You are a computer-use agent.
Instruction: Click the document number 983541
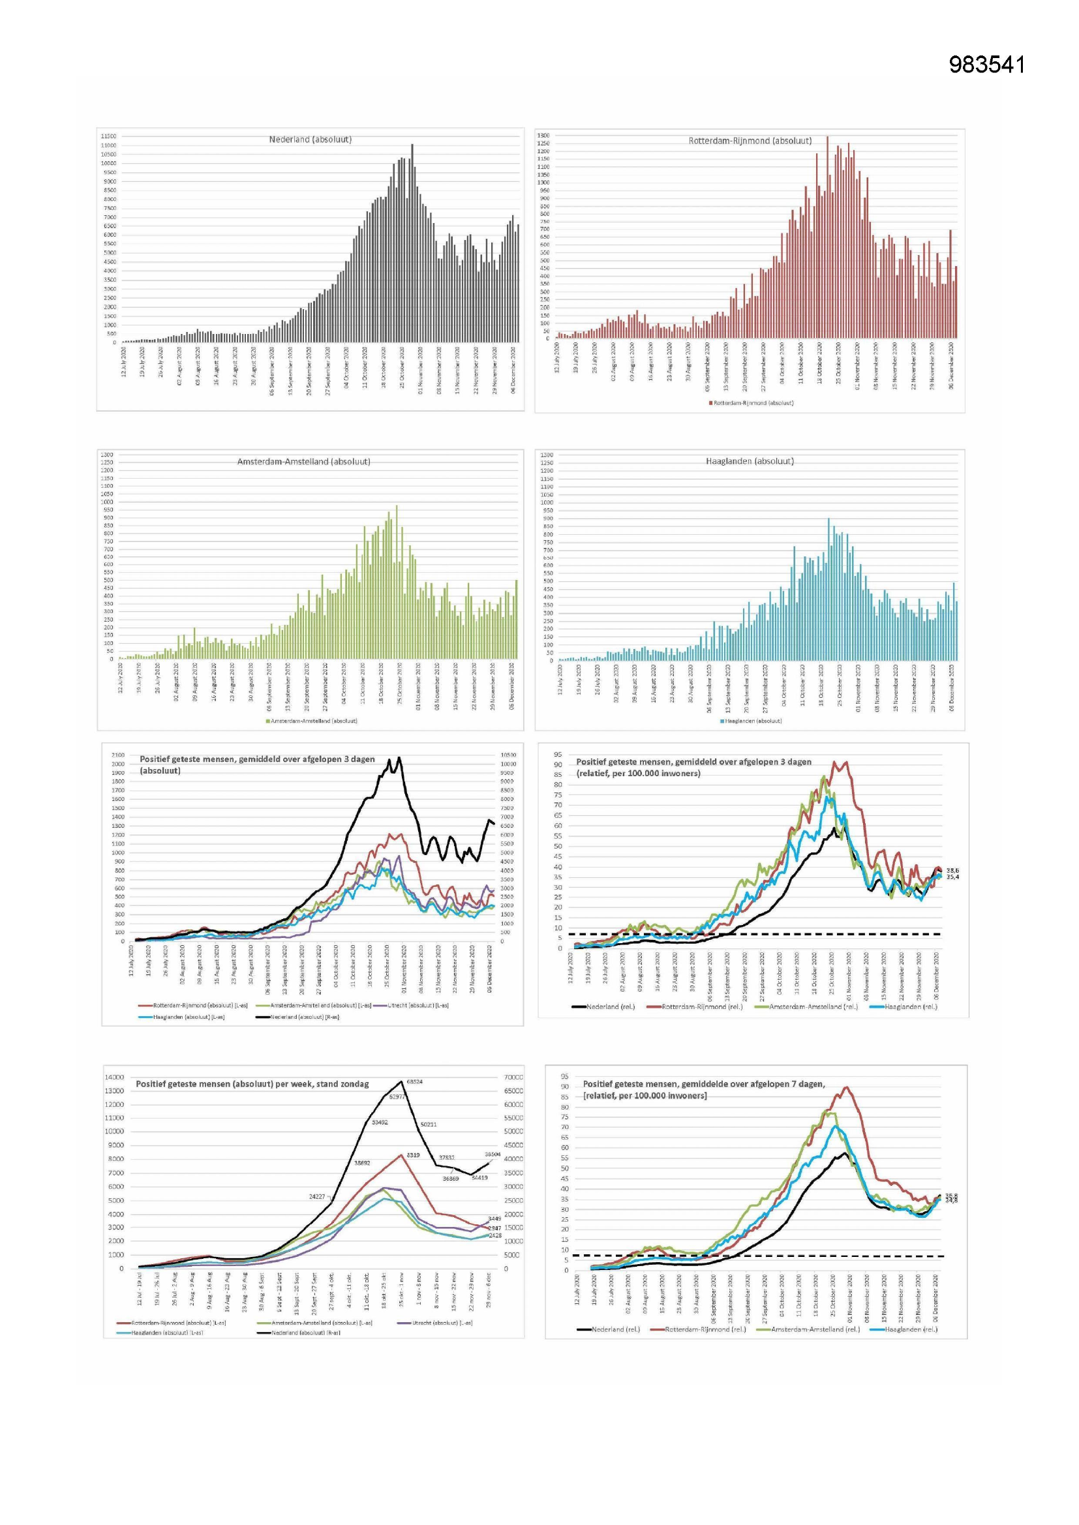click(986, 65)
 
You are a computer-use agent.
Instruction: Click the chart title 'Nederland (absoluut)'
click(311, 140)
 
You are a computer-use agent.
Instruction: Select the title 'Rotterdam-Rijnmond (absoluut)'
click(750, 141)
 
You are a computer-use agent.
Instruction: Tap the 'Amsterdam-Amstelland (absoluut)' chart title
click(303, 461)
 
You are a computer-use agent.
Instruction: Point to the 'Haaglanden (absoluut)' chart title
click(750, 461)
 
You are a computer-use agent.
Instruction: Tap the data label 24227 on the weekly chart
click(317, 1197)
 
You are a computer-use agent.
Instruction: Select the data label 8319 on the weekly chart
click(412, 1155)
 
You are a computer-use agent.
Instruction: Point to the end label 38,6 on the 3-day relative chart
click(952, 870)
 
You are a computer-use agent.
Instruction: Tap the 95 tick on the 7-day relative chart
click(564, 1076)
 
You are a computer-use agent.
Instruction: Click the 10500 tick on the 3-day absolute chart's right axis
click(508, 755)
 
